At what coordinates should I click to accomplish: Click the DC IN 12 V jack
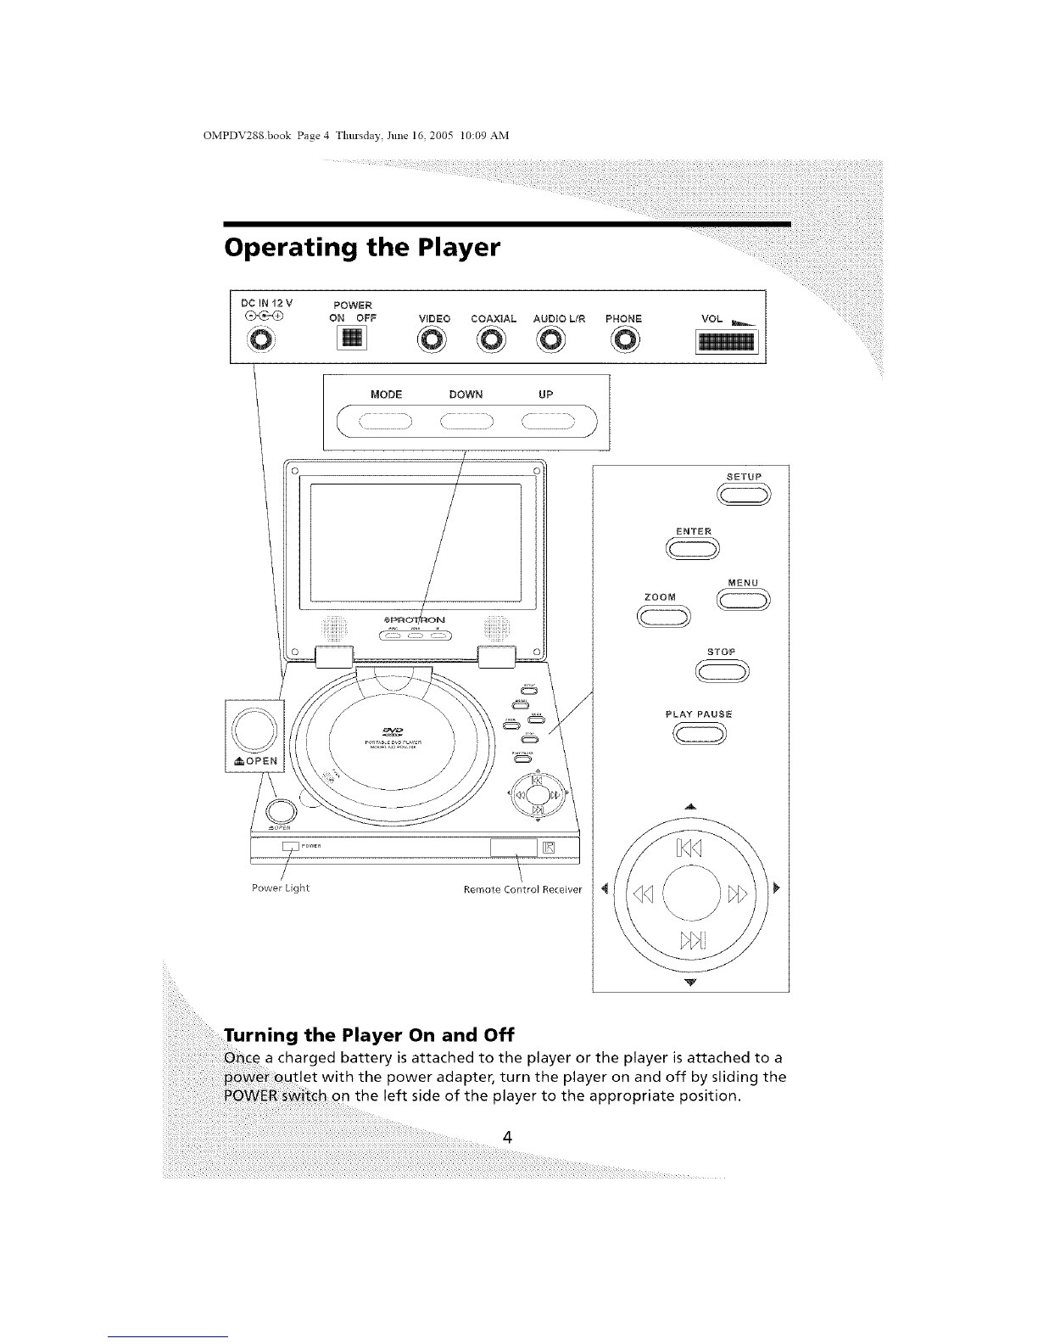263,341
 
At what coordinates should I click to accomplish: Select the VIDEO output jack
432,341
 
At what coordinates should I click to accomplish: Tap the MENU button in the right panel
743,602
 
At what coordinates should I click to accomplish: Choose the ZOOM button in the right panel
664,617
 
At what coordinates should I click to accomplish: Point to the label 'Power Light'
281,888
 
